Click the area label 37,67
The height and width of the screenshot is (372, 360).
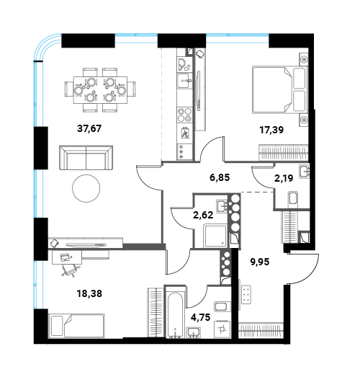click(x=89, y=128)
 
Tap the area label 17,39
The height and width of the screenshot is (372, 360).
click(x=271, y=130)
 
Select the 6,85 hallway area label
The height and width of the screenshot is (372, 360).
click(x=220, y=177)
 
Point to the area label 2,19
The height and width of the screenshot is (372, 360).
click(x=284, y=178)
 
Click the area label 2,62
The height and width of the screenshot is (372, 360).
click(x=203, y=215)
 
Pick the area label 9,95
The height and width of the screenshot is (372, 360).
click(x=260, y=262)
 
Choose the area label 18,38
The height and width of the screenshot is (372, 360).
click(x=89, y=293)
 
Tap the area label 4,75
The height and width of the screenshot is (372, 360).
click(x=200, y=317)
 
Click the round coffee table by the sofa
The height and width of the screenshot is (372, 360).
click(x=86, y=188)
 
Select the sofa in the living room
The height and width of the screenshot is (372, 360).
click(x=86, y=158)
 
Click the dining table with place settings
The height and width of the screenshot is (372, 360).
click(x=100, y=90)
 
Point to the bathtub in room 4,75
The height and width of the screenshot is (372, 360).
click(x=176, y=312)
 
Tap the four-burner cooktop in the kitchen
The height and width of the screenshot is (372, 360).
click(x=184, y=115)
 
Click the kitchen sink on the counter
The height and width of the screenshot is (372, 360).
click(x=184, y=81)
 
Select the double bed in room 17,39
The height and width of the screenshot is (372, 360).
click(x=280, y=90)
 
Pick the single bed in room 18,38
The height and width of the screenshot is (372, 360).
click(x=76, y=326)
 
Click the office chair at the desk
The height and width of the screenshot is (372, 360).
click(x=71, y=270)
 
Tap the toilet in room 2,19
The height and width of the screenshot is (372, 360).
click(x=293, y=198)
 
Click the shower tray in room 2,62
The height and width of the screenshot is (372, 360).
click(x=215, y=236)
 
